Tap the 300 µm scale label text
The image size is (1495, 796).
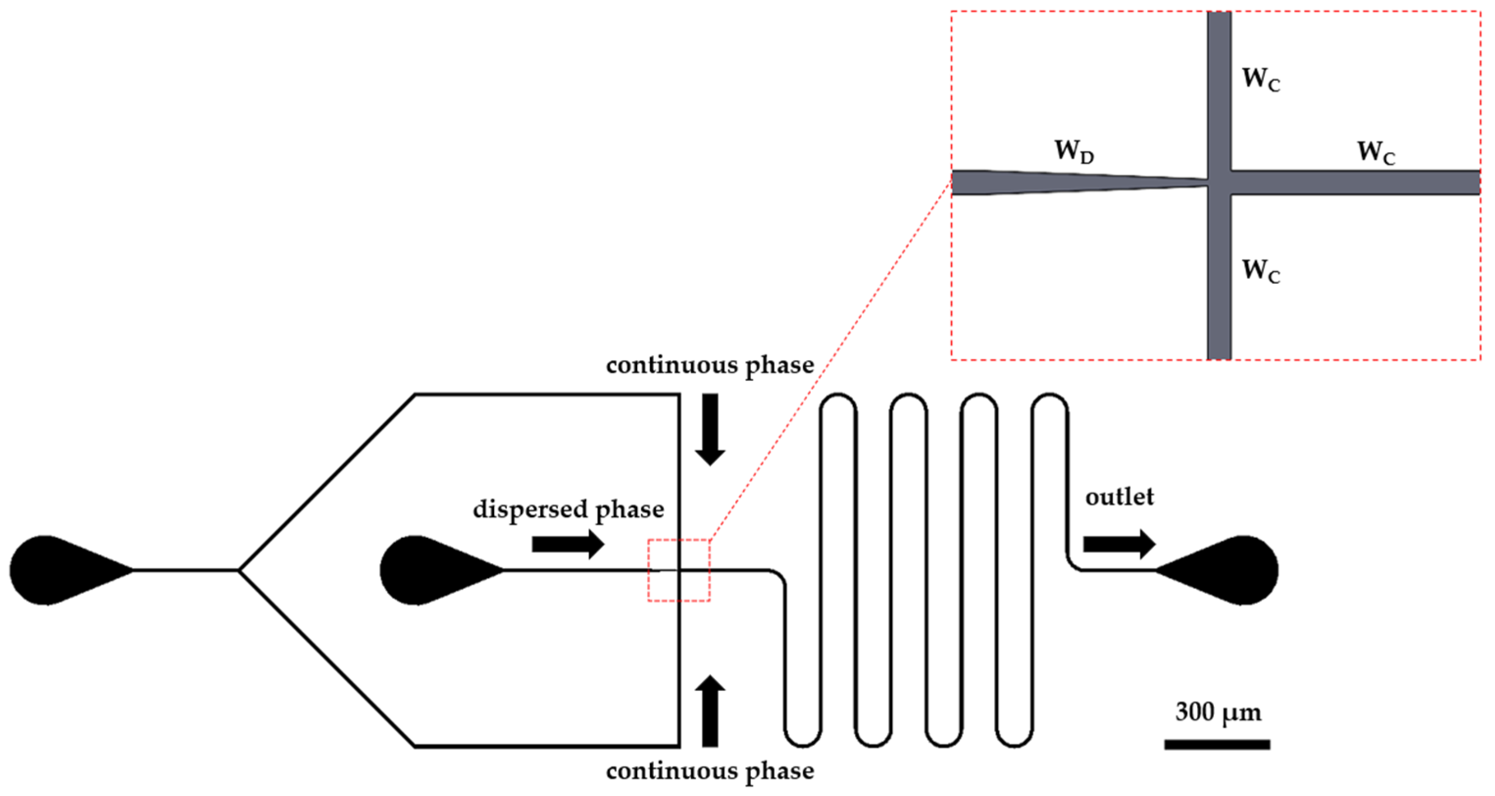click(x=1218, y=713)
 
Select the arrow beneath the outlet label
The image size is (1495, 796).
click(x=1120, y=544)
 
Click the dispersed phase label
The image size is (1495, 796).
click(x=568, y=510)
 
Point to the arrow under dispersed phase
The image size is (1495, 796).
click(x=568, y=544)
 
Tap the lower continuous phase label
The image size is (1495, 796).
click(x=710, y=771)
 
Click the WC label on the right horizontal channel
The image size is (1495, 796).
click(x=1376, y=153)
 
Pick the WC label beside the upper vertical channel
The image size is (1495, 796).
click(x=1261, y=79)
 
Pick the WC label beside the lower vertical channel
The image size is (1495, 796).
click(x=1261, y=271)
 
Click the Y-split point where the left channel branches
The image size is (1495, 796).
click(x=239, y=570)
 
